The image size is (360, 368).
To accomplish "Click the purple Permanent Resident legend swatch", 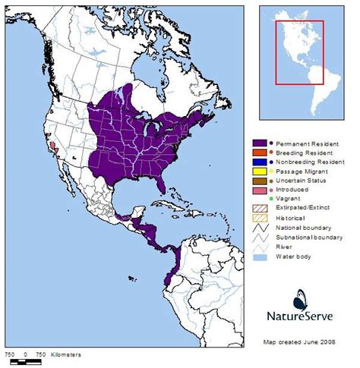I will coord(259,143).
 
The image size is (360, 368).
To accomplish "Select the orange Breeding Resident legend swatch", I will coord(259,153).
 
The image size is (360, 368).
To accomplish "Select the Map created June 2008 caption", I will coord(304,341).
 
